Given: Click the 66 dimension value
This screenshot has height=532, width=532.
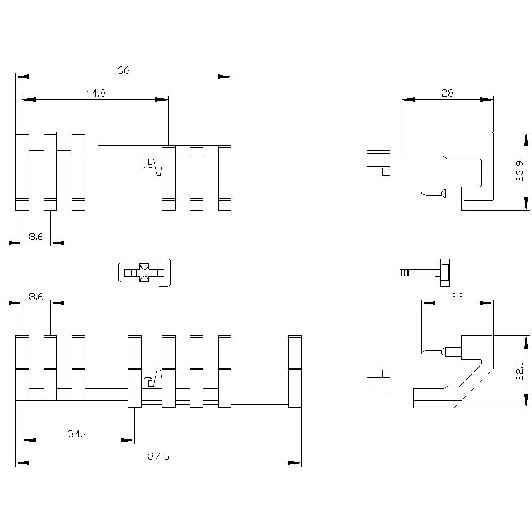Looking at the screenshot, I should (123, 70).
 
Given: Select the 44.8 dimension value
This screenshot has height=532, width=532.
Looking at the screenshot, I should (95, 93).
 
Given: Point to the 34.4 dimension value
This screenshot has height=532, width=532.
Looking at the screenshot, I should (78, 434).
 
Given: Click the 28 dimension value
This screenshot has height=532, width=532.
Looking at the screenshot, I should (447, 93).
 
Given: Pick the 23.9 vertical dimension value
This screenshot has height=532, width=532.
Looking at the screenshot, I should (521, 171).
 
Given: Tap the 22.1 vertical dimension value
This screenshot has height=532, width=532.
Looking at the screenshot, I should (521, 371).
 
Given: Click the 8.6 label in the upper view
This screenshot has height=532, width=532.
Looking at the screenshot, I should (36, 237).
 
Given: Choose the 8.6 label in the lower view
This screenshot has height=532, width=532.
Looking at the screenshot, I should (36, 297).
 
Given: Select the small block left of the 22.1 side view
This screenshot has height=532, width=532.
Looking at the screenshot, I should (378, 382).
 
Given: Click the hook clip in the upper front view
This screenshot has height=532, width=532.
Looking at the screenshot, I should (153, 166).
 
